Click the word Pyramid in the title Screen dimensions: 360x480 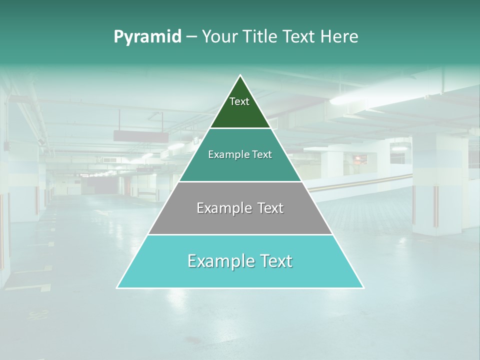[147, 37]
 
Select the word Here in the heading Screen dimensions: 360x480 [339, 37]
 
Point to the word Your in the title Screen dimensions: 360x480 [220, 37]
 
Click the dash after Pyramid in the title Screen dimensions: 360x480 [191, 37]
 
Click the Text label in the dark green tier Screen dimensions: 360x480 [239, 101]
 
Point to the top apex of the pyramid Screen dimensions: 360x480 [240, 75]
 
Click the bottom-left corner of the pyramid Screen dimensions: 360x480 [117, 287]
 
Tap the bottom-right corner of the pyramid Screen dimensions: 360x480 [363, 287]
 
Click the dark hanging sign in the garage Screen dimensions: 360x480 [141, 136]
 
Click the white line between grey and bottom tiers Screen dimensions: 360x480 [240, 234]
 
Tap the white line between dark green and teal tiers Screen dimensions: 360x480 [240, 128]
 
